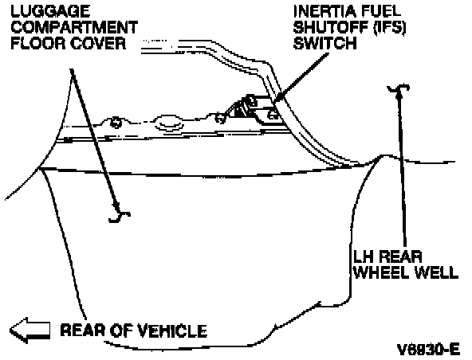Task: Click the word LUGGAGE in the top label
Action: click(50, 11)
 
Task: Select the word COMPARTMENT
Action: click(74, 27)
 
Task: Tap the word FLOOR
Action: click(37, 43)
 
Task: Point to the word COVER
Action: click(98, 43)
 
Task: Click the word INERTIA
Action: click(324, 11)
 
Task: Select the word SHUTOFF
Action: click(331, 27)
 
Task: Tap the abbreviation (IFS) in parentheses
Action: click(390, 28)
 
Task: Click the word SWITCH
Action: click(324, 43)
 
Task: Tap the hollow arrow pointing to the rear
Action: click(29, 331)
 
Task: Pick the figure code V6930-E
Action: click(428, 350)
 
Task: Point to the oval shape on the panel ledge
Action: click(169, 124)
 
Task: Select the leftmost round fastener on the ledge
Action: click(116, 122)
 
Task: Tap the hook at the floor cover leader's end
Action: click(120, 214)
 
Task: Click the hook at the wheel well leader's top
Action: click(399, 88)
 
